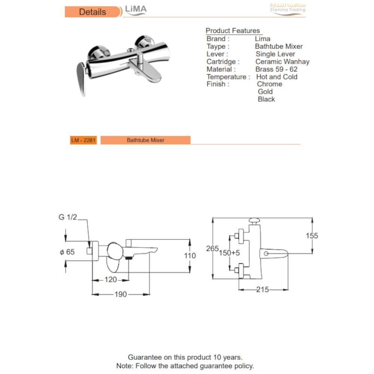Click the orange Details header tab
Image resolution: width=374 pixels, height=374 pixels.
(92, 12)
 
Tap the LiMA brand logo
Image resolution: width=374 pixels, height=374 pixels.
(136, 10)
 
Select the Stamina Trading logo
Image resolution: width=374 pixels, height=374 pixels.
(288, 8)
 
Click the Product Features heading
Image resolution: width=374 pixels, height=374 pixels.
(233, 31)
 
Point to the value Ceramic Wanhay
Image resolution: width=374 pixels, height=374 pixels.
(282, 62)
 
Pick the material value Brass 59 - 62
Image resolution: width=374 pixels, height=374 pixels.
(276, 69)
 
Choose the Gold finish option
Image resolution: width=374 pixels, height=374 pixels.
(265, 92)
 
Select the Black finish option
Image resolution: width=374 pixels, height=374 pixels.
(266, 99)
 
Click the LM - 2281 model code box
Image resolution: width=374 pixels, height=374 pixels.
(83, 140)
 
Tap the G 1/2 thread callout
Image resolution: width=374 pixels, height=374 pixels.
(67, 217)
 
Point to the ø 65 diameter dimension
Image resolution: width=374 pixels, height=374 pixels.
(67, 252)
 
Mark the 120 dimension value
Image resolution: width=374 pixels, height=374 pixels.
(111, 280)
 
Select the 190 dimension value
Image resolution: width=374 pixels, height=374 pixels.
(120, 295)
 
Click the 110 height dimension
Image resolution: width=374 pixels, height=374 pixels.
(190, 256)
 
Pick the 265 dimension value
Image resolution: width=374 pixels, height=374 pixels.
(212, 248)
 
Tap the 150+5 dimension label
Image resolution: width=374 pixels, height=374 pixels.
(229, 253)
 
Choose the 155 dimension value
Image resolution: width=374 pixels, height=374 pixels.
(312, 236)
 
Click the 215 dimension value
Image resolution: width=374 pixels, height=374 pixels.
(263, 289)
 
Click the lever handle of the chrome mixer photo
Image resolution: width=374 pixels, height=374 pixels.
(81, 77)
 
